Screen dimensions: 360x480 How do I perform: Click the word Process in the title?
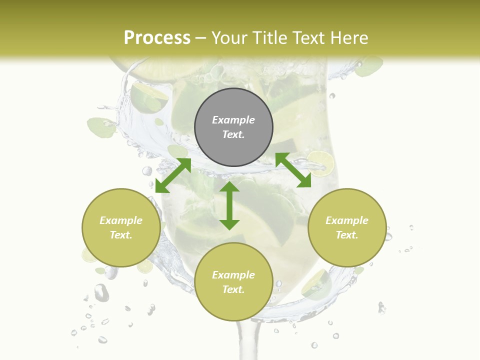157,38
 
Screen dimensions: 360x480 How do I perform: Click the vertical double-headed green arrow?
229,205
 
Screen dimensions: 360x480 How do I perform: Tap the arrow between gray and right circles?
293,170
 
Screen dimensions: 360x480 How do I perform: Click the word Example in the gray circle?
233,120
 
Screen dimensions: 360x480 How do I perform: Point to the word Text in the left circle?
121,235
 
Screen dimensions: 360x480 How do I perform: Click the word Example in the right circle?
347,220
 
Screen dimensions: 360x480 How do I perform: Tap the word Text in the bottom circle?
233,289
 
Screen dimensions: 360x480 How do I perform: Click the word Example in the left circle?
121,220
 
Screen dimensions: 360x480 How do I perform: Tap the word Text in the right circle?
347,235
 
